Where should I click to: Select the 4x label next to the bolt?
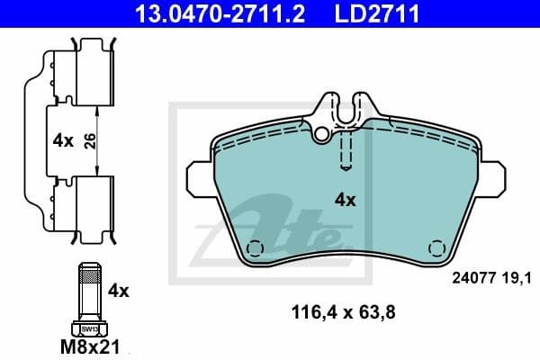point(119,291)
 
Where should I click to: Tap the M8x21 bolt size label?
point(88,346)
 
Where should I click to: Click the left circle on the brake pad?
point(256,249)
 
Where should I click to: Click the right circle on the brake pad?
point(437,248)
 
